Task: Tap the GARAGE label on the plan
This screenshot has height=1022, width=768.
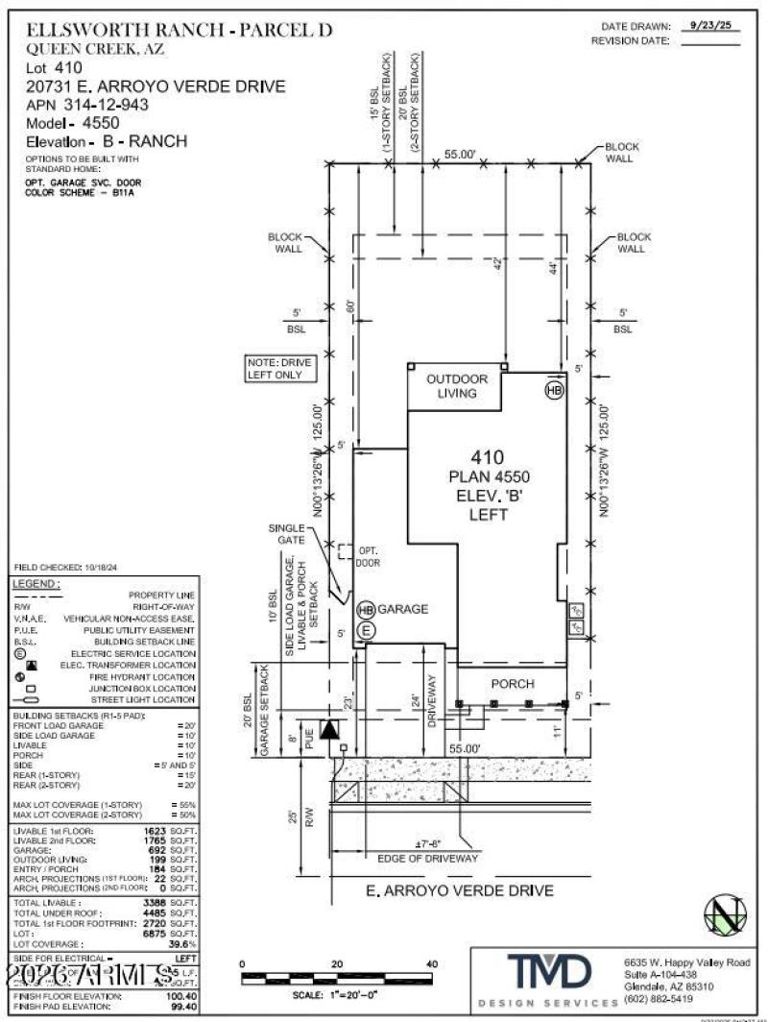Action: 402,609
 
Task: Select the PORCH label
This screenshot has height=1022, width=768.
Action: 511,683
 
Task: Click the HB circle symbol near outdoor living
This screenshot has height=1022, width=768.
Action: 554,390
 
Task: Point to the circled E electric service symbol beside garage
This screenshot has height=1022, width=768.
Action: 366,629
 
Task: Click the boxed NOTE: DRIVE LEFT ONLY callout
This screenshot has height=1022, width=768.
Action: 277,368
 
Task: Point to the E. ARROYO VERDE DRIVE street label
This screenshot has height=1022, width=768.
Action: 461,890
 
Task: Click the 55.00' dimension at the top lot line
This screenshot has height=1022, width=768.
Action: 461,153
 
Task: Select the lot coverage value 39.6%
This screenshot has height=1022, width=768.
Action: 184,945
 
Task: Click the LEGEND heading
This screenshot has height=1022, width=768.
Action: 36,584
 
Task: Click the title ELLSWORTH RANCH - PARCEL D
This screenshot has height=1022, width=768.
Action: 180,30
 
